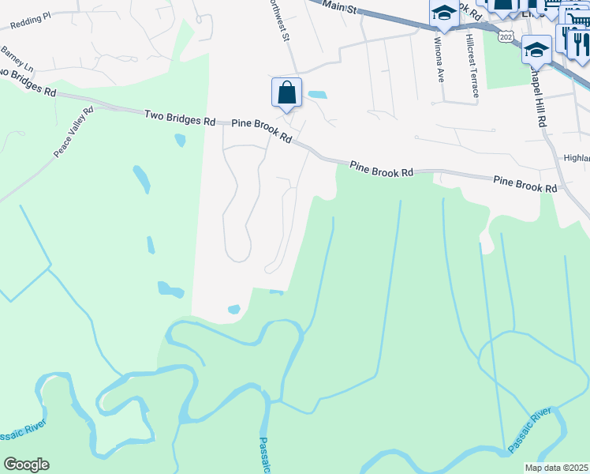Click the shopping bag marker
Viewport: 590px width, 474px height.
pyautogui.click(x=286, y=92)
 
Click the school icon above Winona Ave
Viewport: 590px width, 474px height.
pyautogui.click(x=444, y=13)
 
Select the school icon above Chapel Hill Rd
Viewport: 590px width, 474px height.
pyautogui.click(x=536, y=49)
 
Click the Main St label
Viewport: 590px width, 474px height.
pyautogui.click(x=342, y=9)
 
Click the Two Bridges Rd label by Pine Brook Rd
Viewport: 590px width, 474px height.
pyautogui.click(x=180, y=117)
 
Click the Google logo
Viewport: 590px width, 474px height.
pyautogui.click(x=26, y=465)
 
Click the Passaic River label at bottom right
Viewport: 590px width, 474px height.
pyautogui.click(x=529, y=431)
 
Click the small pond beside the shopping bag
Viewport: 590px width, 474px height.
pyautogui.click(x=317, y=95)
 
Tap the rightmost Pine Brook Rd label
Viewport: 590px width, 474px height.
pyautogui.click(x=525, y=185)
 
